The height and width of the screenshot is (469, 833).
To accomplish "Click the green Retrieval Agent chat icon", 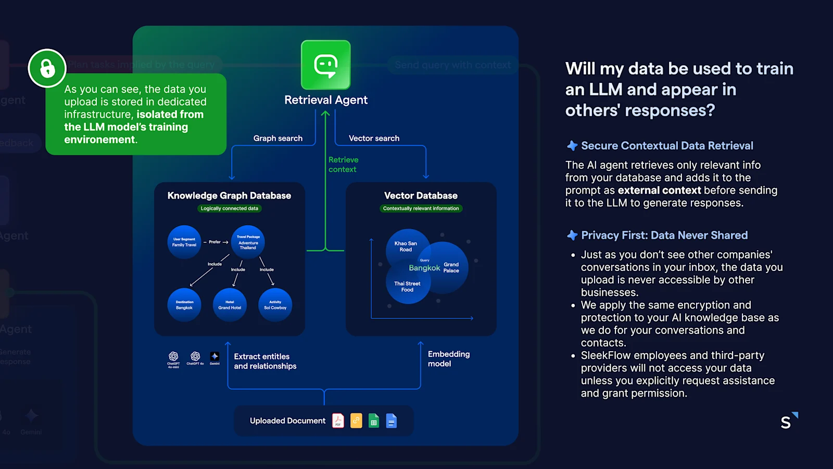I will [326, 65].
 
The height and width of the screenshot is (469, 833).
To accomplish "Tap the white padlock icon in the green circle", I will [47, 68].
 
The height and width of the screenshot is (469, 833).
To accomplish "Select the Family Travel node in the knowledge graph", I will [184, 242].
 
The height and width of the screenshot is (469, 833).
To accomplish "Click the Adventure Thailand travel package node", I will [248, 242].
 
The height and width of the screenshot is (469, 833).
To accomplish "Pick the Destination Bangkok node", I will [184, 305].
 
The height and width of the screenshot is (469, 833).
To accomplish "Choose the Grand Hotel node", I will [230, 305].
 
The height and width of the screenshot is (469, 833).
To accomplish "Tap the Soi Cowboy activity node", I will [275, 305].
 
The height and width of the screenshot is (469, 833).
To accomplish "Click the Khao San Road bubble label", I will [406, 246].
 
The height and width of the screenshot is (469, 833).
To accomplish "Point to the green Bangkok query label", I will [424, 268].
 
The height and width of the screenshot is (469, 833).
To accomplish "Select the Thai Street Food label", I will [407, 287].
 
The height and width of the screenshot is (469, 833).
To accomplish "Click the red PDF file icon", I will [338, 421].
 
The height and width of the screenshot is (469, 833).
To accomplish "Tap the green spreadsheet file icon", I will [374, 421].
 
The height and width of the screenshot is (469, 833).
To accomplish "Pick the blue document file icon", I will [392, 421].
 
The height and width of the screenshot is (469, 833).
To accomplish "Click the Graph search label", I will [277, 138].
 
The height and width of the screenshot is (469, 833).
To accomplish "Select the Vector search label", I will [374, 138].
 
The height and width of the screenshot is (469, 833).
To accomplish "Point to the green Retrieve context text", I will [343, 165].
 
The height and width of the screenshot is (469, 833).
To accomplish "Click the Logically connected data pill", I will [230, 208].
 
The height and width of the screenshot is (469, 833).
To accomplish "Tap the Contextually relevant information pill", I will [421, 208].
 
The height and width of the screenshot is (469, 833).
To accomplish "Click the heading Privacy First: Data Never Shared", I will [664, 235].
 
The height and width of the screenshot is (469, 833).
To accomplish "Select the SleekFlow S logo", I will [788, 421].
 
